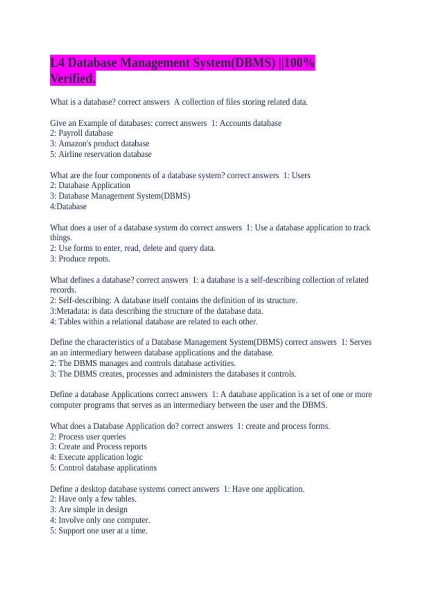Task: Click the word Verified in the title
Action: pyautogui.click(x=72, y=79)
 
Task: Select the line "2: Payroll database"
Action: pyautogui.click(x=82, y=133)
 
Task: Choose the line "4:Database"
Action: pyautogui.click(x=68, y=206)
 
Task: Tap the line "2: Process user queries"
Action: pyautogui.click(x=88, y=437)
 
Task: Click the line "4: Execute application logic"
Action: pyautogui.click(x=96, y=457)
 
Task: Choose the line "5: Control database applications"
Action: pyautogui.click(x=103, y=468)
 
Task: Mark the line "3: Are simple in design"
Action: pyautogui.click(x=89, y=509)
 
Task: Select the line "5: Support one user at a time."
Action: pyautogui.click(x=99, y=530)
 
